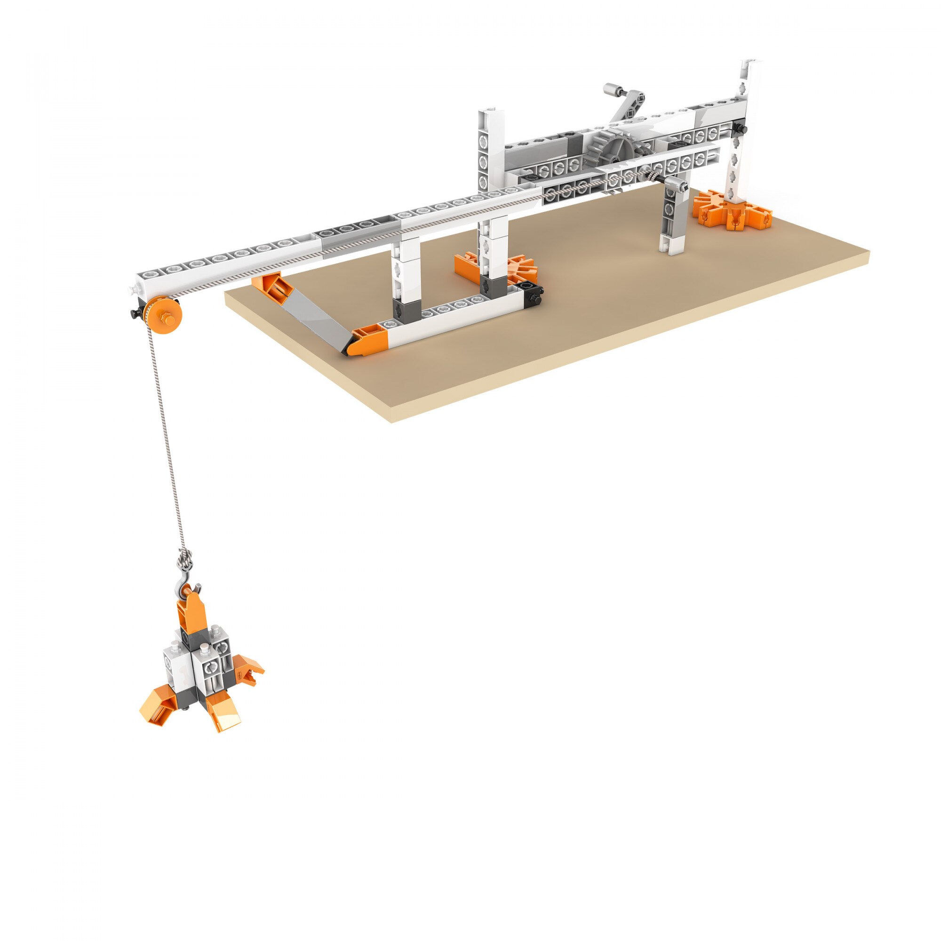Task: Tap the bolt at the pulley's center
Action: click(x=167, y=319)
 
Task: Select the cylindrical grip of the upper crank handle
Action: click(x=613, y=89)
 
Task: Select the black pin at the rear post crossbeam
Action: click(x=741, y=128)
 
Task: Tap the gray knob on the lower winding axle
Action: click(x=677, y=184)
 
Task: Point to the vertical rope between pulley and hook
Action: click(x=168, y=439)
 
